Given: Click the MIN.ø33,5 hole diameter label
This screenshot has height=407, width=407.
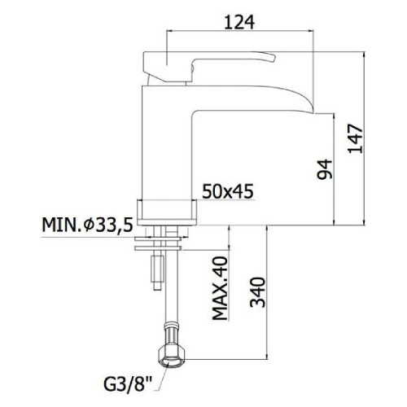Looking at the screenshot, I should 88,225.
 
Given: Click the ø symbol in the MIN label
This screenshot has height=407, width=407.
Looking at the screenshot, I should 83,225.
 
